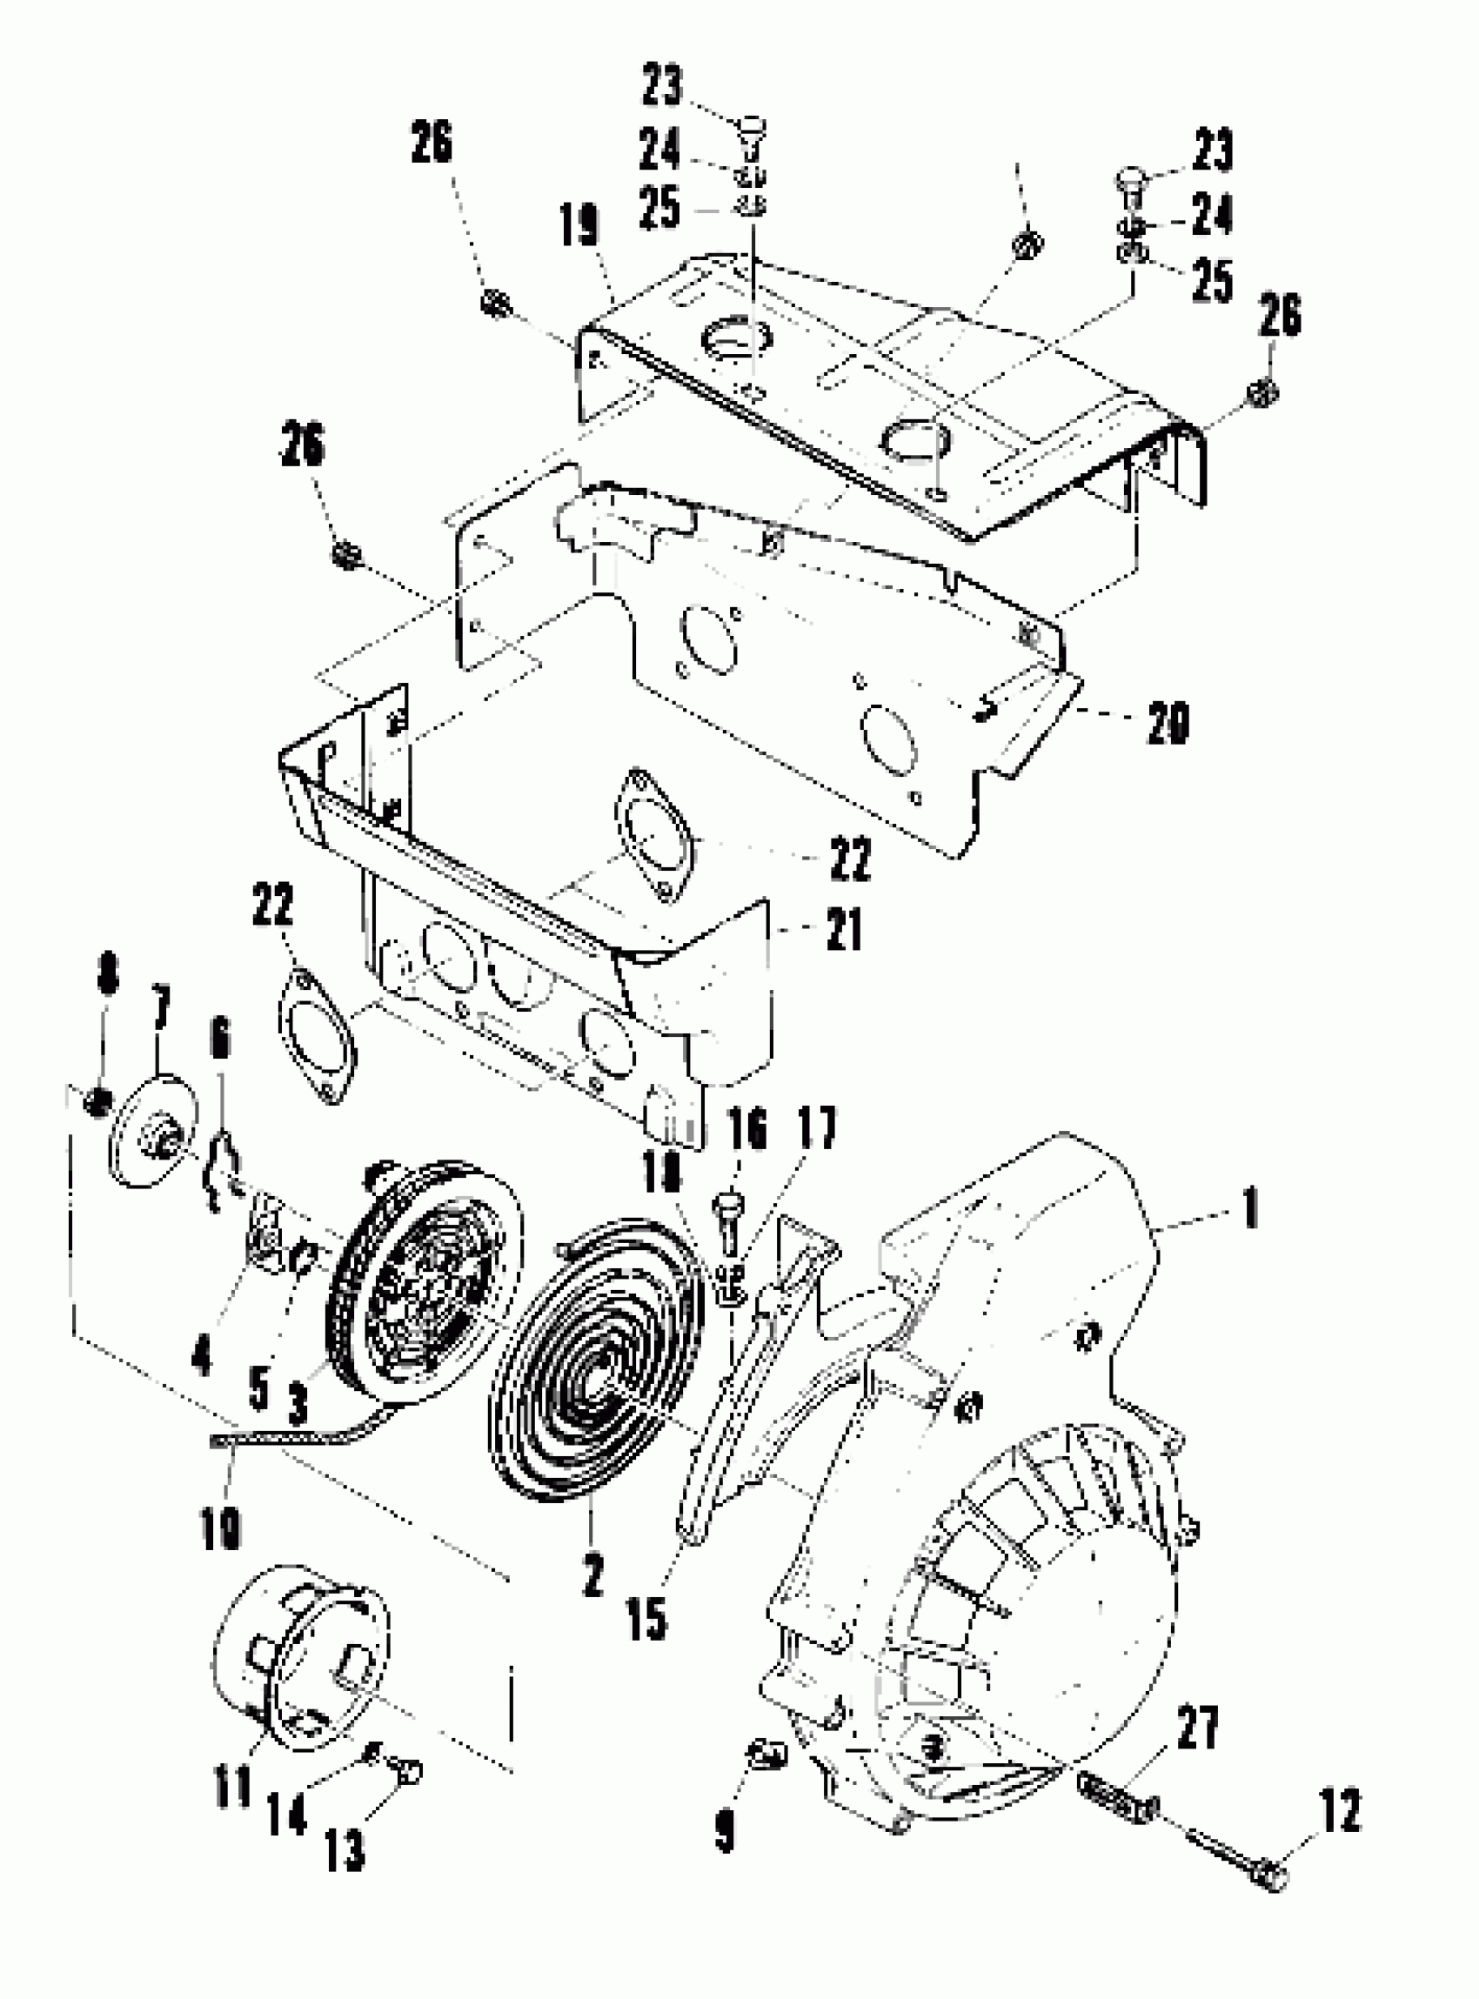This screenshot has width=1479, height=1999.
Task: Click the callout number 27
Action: pyautogui.click(x=1198, y=1725)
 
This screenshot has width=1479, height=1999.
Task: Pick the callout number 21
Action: pyautogui.click(x=842, y=929)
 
